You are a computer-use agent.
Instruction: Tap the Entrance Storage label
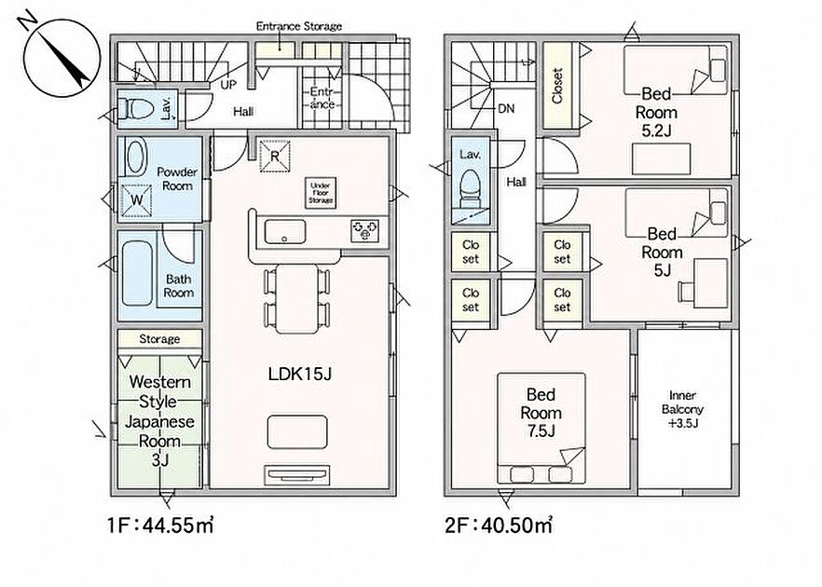click(299, 26)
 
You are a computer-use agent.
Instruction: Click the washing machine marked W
click(136, 199)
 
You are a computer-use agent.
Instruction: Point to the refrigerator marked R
click(275, 156)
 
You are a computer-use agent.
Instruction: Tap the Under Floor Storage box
click(321, 193)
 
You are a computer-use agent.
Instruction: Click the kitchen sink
click(285, 232)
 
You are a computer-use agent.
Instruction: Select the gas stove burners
click(365, 231)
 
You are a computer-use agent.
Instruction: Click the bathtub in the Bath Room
click(137, 274)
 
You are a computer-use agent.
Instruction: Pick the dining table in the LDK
click(296, 299)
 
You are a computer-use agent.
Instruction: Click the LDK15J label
click(300, 375)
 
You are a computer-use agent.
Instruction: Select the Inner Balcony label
click(682, 409)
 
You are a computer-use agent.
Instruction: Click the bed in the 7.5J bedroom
click(541, 429)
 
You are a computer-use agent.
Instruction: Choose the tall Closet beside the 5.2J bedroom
click(557, 86)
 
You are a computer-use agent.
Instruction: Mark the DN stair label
click(506, 109)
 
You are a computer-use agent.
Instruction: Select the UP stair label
click(228, 85)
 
